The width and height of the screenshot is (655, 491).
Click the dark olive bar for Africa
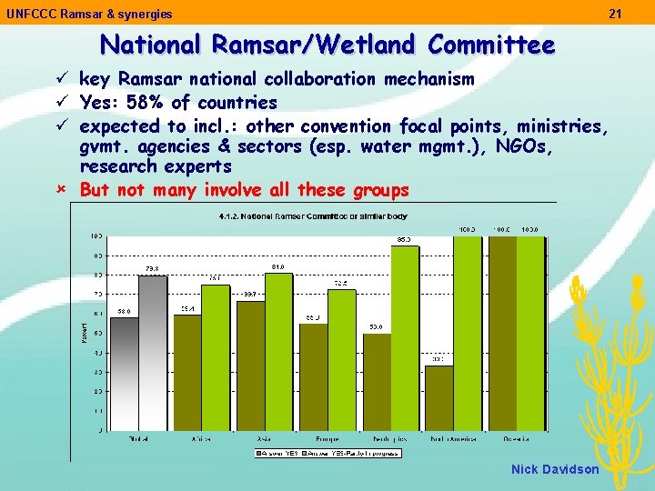pos(187,373)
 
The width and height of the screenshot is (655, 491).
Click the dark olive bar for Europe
pos(313,377)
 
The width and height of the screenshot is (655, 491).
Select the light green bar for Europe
pos(342,360)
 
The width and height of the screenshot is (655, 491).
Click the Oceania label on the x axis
pos(517,439)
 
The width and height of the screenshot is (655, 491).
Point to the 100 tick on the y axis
pos(96,236)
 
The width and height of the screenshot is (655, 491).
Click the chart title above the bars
pos(313,216)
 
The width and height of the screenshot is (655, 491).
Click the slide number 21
pos(615,14)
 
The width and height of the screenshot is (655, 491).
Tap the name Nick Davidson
pos(555,469)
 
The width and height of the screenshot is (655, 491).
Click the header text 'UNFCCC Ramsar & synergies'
pos(89,14)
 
